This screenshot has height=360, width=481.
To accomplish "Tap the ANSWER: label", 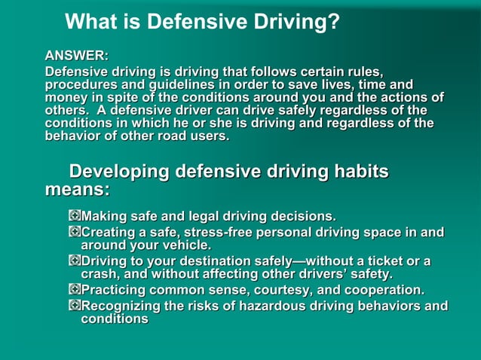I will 76,56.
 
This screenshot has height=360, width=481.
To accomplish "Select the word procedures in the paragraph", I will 78,85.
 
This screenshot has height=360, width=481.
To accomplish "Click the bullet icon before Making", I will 74,217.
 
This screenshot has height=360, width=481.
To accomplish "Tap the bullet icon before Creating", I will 74,232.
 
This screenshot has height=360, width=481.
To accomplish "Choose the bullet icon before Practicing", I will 74,289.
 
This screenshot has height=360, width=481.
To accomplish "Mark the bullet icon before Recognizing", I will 74,305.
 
